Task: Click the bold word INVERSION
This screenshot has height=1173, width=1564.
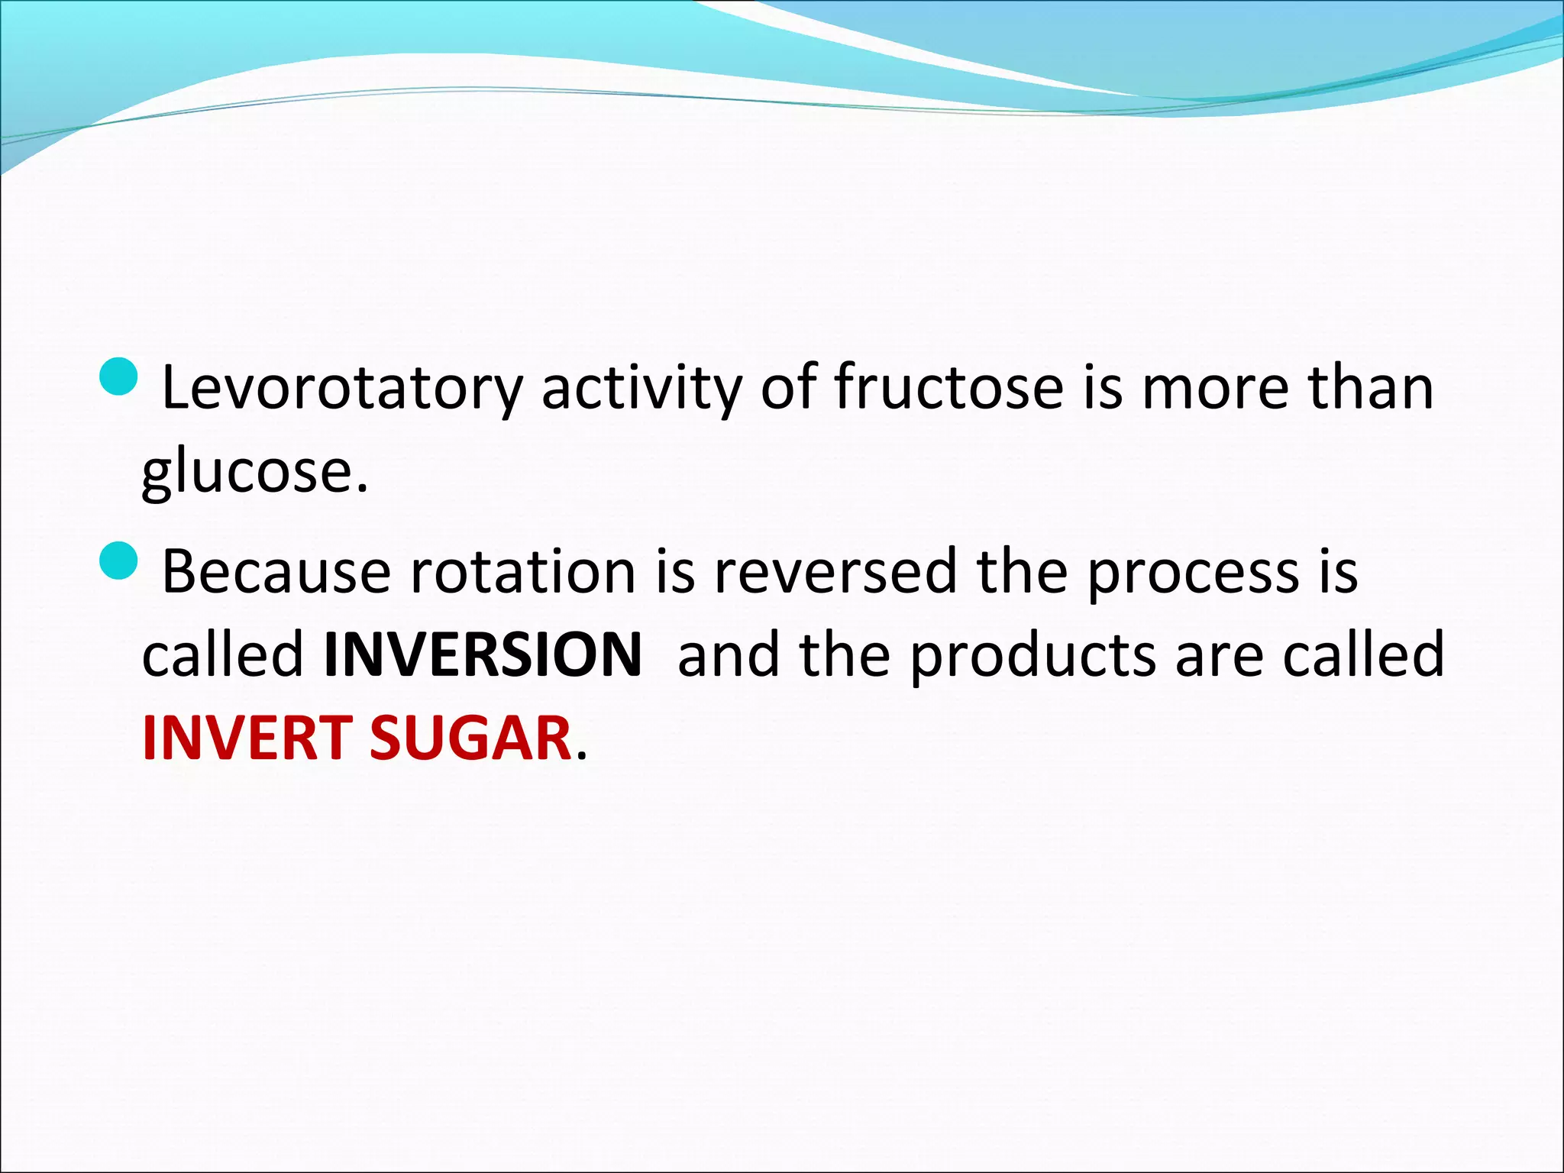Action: tap(483, 655)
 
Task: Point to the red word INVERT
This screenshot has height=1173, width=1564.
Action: tap(247, 738)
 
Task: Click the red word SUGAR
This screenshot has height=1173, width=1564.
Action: tap(470, 738)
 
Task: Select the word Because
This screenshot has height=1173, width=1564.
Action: tap(276, 572)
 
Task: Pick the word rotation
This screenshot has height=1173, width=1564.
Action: tap(523, 572)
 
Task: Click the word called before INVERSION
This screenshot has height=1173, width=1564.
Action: tap(223, 655)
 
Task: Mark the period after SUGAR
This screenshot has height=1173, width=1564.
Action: tap(582, 756)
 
